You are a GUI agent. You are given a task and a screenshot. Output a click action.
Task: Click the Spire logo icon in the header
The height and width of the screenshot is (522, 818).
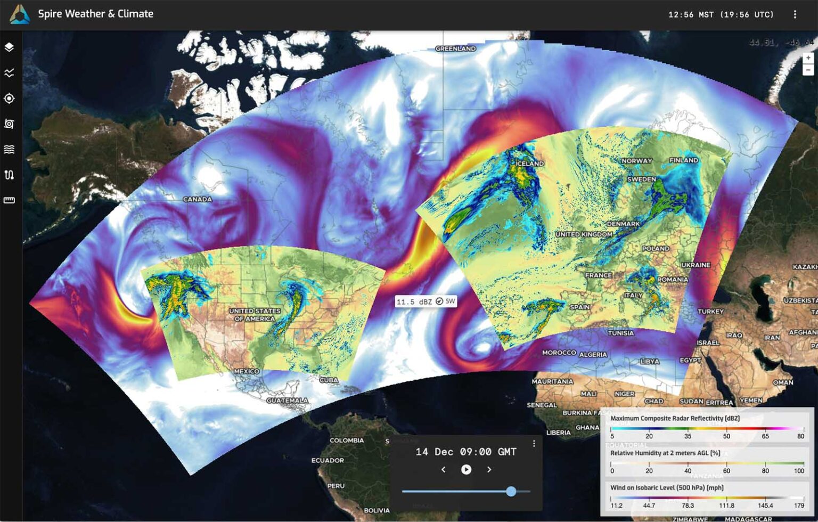point(20,14)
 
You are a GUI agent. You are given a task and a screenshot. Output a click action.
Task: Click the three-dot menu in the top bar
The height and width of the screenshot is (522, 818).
point(795,14)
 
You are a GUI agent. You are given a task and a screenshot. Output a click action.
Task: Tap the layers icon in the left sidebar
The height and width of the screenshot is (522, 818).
point(9,47)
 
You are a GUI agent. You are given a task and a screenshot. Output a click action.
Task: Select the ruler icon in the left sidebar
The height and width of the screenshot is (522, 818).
point(9,200)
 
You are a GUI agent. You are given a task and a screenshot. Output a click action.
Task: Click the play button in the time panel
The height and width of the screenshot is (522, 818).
point(466,469)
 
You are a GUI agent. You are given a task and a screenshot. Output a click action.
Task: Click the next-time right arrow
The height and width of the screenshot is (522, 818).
point(489,469)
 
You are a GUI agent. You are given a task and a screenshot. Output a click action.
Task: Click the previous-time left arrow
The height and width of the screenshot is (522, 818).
point(443,469)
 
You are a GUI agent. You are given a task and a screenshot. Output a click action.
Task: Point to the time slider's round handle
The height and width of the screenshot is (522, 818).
point(511,491)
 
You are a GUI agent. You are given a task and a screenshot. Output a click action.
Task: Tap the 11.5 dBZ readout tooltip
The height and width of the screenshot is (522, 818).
point(426,301)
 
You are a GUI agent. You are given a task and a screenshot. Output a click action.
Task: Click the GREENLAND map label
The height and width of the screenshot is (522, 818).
point(455,48)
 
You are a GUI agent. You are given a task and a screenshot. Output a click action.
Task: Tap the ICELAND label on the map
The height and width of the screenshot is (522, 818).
point(530,164)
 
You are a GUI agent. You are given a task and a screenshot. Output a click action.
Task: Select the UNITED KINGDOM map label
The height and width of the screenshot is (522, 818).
point(584,234)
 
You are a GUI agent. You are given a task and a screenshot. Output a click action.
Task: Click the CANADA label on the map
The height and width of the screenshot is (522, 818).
point(198,199)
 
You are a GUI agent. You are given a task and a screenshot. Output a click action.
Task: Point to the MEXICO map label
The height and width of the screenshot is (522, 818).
point(247,371)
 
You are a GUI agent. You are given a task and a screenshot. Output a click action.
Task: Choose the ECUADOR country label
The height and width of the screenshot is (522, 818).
point(328,460)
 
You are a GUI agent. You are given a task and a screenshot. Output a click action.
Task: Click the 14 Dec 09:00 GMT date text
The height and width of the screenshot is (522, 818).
point(466,452)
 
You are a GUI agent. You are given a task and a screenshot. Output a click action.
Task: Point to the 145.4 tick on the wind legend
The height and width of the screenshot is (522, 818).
point(765,505)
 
